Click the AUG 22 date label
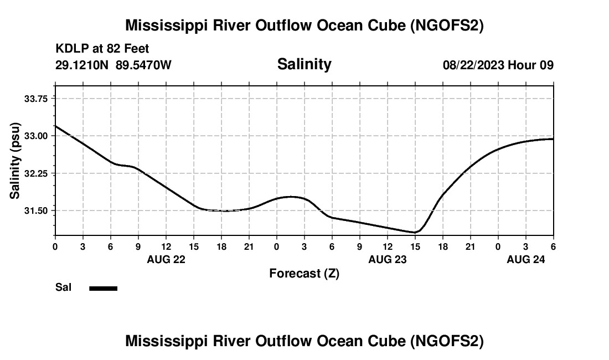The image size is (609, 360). [166, 259]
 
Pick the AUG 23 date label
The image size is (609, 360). [388, 259]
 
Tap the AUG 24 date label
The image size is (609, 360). [526, 259]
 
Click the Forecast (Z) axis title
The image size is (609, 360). [304, 273]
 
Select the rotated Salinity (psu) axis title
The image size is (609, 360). [15, 161]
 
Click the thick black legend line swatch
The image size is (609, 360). [103, 288]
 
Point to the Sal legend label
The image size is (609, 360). [63, 287]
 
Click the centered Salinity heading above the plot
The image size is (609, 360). [304, 64]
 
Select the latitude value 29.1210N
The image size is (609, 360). [82, 65]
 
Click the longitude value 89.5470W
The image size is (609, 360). [143, 65]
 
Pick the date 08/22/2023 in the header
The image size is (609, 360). [473, 65]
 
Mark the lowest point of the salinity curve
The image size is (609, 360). [415, 232]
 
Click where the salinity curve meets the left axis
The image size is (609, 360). [55, 126]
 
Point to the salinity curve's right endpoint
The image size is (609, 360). [553, 138]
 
